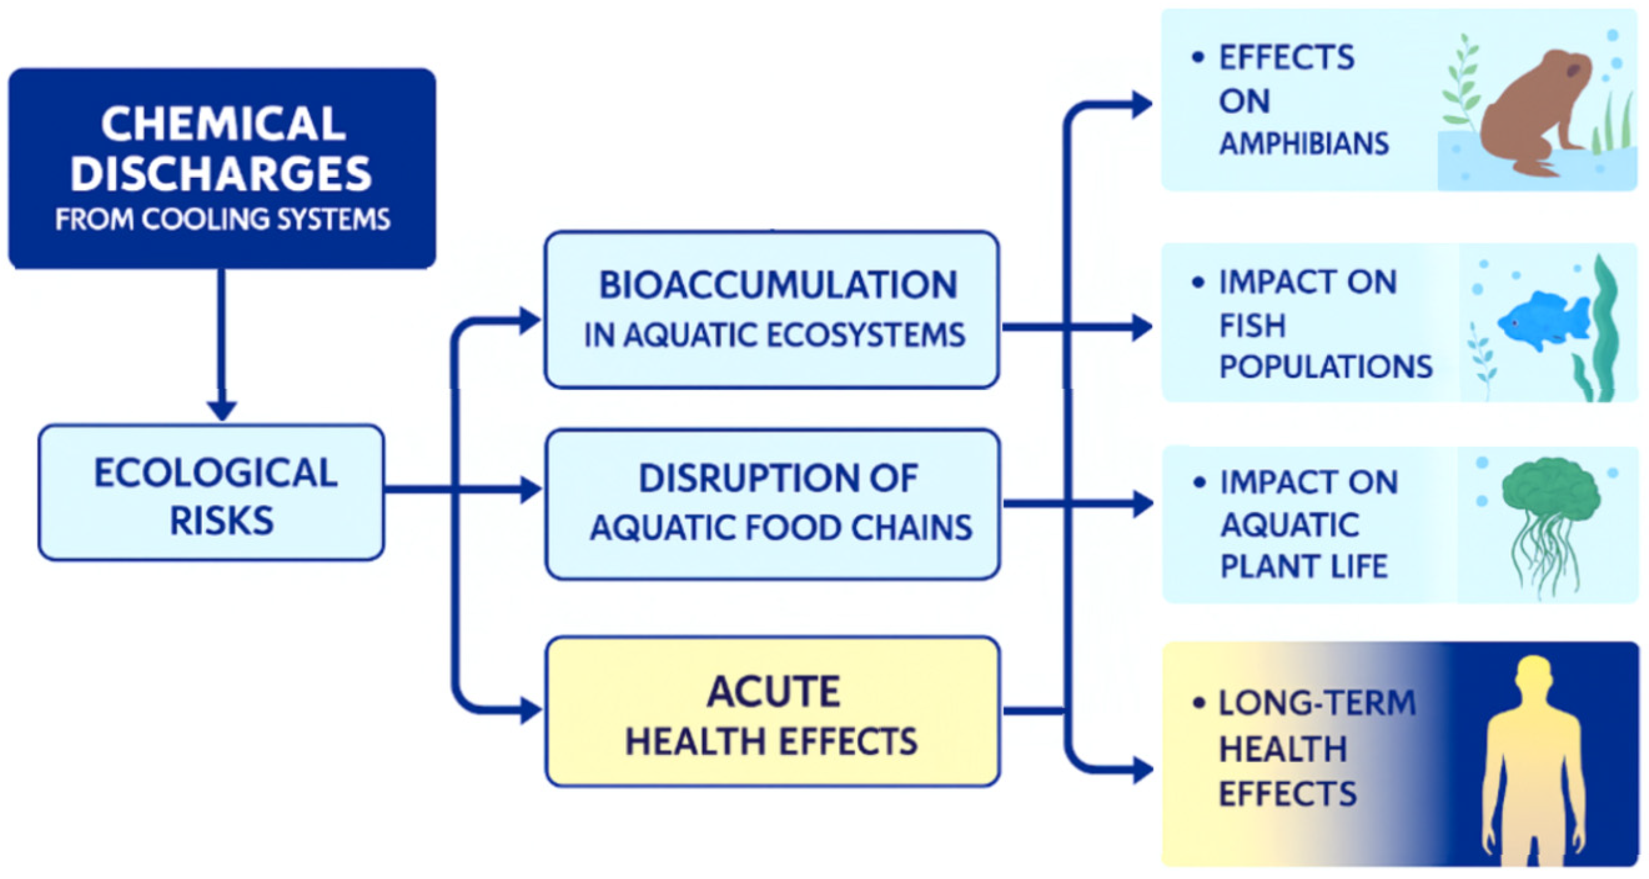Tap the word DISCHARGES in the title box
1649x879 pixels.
(221, 174)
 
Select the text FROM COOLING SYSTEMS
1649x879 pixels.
(222, 219)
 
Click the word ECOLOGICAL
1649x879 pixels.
(216, 473)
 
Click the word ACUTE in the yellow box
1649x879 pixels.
(773, 692)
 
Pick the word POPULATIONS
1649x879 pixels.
(1326, 367)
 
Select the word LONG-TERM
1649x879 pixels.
(1317, 703)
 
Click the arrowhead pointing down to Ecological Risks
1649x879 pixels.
(222, 410)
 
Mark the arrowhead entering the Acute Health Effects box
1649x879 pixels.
(531, 711)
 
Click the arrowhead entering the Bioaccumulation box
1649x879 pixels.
(531, 321)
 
